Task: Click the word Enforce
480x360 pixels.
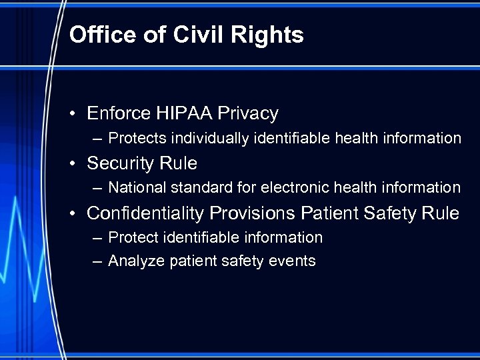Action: click(x=119, y=113)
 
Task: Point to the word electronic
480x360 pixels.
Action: click(x=287, y=188)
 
